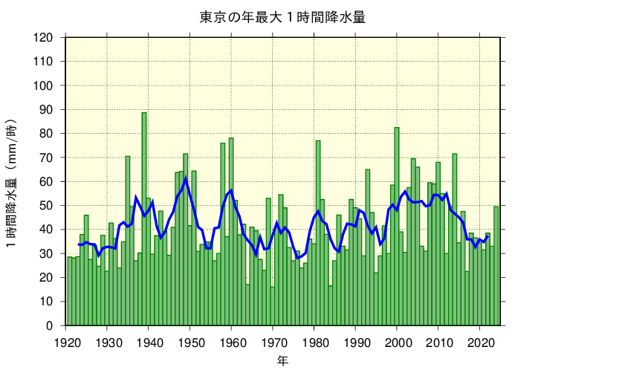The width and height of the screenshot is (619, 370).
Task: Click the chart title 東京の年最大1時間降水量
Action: click(x=282, y=17)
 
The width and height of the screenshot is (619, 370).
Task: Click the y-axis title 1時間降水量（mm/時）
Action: click(x=13, y=183)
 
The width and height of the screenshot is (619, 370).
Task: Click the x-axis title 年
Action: click(x=282, y=360)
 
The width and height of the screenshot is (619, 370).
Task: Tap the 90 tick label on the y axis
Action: click(x=47, y=110)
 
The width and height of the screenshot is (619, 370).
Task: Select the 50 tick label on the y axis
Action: click(x=47, y=206)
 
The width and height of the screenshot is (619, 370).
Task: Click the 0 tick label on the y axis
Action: click(x=50, y=325)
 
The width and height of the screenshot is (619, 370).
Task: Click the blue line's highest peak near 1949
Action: click(x=186, y=178)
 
